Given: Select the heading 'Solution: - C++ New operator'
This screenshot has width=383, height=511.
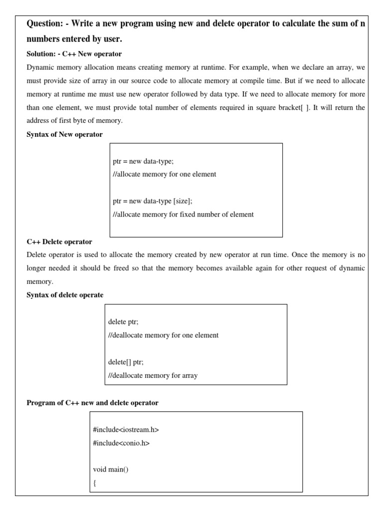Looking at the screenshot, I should pyautogui.click(x=74, y=53).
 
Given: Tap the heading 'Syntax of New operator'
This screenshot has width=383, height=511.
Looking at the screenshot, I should pyautogui.click(x=65, y=135).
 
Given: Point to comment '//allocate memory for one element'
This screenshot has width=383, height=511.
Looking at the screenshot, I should pyautogui.click(x=165, y=174).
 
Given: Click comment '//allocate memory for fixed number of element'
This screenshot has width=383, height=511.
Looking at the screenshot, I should pyautogui.click(x=183, y=214).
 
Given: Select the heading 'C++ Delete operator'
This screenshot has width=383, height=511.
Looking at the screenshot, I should pyautogui.click(x=59, y=242).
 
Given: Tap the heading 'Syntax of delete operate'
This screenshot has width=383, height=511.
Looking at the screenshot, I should pyautogui.click(x=65, y=295).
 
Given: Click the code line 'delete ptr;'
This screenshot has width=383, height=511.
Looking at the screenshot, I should pyautogui.click(x=123, y=322).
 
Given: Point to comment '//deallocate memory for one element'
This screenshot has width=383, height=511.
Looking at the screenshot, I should pyautogui.click(x=163, y=335).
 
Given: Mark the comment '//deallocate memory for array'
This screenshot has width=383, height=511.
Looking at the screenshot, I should pyautogui.click(x=153, y=375).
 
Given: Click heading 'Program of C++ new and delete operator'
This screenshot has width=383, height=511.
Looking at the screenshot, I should pyautogui.click(x=92, y=403).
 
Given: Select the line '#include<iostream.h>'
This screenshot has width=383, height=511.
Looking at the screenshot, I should pyautogui.click(x=126, y=429).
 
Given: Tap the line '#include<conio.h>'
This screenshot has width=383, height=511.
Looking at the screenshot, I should pyautogui.click(x=121, y=442).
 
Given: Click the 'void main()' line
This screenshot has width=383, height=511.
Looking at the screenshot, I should pyautogui.click(x=111, y=469).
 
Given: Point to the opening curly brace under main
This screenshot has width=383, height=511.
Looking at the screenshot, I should pyautogui.click(x=95, y=483).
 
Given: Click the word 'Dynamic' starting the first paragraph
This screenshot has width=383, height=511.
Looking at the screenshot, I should pyautogui.click(x=39, y=67).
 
